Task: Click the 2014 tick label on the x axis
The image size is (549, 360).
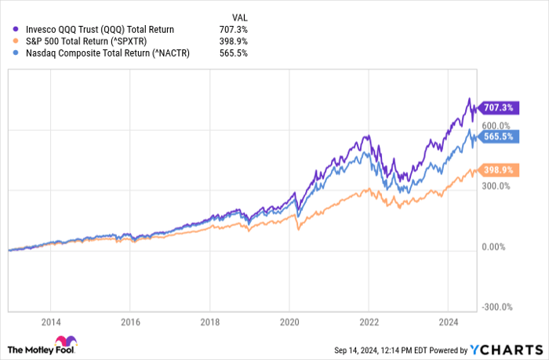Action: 51,322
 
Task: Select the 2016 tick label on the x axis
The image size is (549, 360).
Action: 130,322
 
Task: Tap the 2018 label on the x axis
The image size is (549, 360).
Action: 209,322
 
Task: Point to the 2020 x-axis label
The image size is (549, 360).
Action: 289,322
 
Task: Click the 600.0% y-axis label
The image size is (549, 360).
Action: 496,125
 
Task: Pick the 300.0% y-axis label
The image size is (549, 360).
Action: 496,186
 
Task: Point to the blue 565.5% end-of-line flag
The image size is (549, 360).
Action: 497,136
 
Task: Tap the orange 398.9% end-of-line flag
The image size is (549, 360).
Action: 497,169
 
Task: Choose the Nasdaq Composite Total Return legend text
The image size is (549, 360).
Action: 105,53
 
